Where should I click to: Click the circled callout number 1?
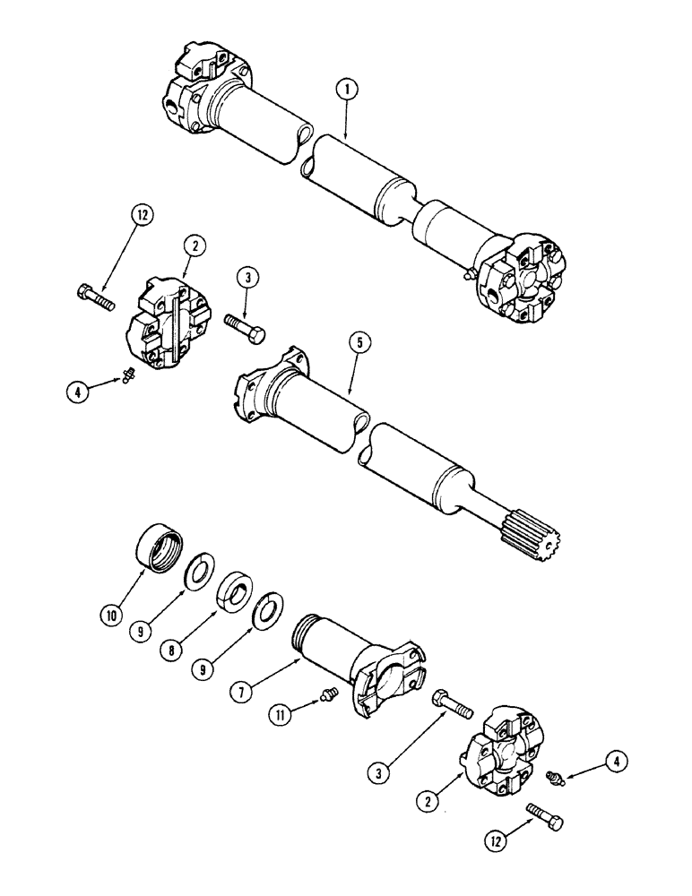[x=346, y=90]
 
